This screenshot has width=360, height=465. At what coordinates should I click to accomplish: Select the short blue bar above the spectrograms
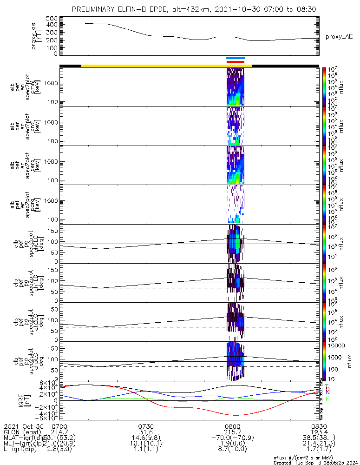point(236,58)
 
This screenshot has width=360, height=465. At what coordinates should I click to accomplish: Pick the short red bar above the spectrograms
point(236,62)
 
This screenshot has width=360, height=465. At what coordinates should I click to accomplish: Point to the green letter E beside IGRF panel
point(327,399)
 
